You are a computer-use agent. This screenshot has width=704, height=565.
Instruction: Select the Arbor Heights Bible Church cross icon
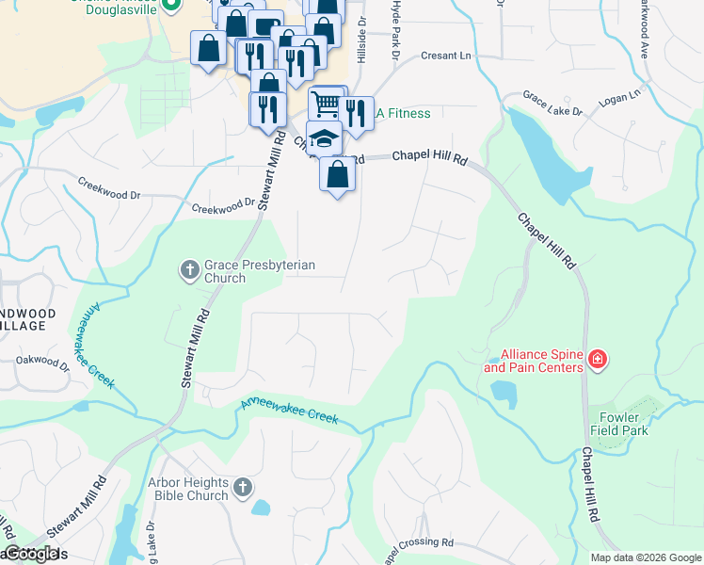(243, 487)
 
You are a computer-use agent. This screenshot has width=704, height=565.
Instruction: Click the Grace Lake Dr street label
(552, 105)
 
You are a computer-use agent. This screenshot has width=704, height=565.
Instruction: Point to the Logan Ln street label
(619, 95)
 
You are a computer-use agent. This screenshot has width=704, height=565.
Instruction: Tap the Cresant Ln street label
(445, 56)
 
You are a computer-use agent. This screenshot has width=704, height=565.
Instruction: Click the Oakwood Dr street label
(42, 359)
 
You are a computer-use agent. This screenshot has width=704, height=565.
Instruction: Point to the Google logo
(32, 555)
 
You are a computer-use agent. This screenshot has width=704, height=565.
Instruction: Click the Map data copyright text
(645, 557)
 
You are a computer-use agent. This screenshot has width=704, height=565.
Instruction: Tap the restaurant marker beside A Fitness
(355, 114)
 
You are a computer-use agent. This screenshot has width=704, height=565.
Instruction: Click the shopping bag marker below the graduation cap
(338, 174)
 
